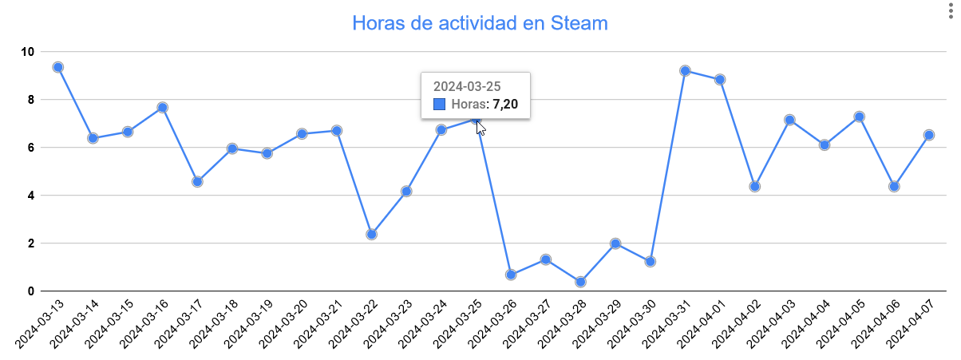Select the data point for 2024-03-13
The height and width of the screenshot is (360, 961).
[x=57, y=67]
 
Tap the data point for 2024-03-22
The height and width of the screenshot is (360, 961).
[x=371, y=235]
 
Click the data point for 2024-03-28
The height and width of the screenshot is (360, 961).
[x=580, y=282]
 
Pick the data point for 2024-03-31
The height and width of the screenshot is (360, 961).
[x=685, y=70]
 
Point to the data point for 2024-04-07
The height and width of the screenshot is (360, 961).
[x=929, y=135]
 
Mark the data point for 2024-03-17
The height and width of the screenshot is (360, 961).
[x=197, y=182]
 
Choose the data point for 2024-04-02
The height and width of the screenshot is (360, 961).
[x=754, y=187]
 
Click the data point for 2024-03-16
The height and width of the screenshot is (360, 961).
[x=162, y=107]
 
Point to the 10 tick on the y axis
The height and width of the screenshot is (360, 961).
[x=28, y=52]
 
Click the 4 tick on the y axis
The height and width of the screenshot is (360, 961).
[x=31, y=196]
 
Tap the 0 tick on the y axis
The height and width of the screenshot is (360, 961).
[x=31, y=291]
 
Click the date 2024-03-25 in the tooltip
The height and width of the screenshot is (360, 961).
[x=466, y=85]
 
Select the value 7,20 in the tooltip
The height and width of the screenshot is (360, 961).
[x=505, y=104]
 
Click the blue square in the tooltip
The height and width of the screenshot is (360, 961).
[x=438, y=104]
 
